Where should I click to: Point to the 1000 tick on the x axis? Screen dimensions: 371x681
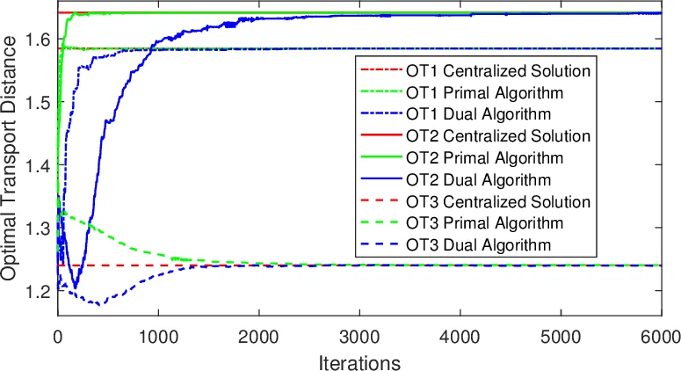(158, 337)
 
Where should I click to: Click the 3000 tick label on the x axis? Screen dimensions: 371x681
(359, 337)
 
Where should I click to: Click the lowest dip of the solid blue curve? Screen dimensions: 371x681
(76, 287)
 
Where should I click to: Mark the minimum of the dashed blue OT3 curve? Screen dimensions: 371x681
(101, 305)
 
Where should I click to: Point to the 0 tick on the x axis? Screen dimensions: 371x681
(58, 337)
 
